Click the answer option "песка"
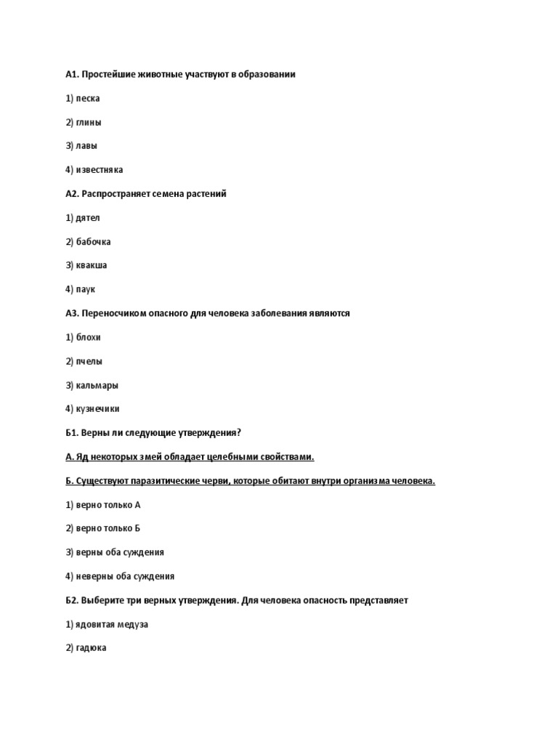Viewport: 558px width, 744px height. pos(87,98)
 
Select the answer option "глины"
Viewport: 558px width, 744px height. pos(89,122)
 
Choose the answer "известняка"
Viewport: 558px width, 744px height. pos(99,170)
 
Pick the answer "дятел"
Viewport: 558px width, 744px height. pos(88,218)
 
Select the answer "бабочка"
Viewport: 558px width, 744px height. pos(93,242)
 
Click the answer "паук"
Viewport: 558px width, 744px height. pos(86,289)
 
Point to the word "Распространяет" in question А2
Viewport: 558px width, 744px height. pos(116,194)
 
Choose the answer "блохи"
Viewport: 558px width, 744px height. pos(89,337)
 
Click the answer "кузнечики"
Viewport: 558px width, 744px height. pos(98,409)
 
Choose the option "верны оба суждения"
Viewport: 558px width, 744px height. pos(120,552)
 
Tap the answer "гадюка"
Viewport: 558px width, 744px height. pos(91,647)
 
